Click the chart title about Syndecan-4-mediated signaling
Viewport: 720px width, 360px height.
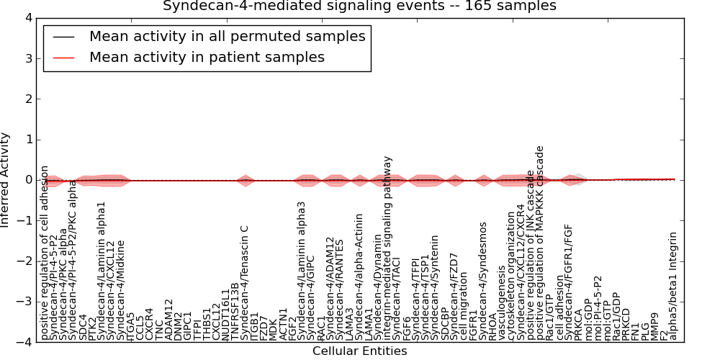359,6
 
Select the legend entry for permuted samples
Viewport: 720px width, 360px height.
227,36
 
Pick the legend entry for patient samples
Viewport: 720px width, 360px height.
207,57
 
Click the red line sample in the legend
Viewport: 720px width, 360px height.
62,58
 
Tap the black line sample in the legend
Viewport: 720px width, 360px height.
62,37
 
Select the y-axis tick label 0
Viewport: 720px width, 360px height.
27,180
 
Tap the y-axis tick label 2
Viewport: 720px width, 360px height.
27,99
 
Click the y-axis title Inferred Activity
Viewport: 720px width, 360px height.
6,180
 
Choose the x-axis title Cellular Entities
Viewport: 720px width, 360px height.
359,351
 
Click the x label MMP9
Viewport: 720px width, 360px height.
654,326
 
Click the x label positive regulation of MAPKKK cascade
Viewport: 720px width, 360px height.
540,244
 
